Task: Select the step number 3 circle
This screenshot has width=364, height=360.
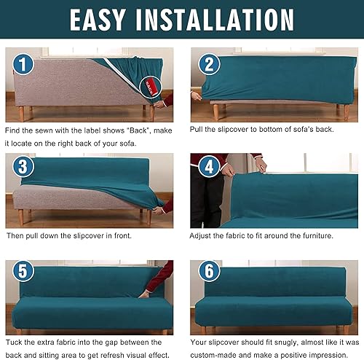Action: click(x=23, y=167)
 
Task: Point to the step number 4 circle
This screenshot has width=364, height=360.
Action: click(x=208, y=168)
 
